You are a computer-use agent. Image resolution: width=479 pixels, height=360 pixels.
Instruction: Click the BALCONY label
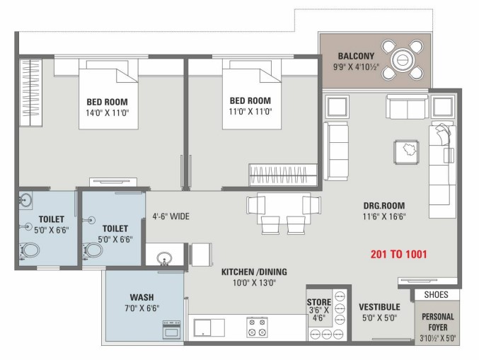click(356, 56)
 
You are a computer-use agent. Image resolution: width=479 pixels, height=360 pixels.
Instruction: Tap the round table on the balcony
click(403, 59)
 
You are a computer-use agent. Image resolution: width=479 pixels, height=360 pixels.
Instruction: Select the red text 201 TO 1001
click(398, 254)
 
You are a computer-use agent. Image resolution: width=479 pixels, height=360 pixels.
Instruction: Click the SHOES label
click(437, 295)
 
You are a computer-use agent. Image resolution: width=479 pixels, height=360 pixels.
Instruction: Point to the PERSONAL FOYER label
click(438, 322)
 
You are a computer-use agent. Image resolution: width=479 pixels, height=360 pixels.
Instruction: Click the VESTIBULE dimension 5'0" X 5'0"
click(379, 318)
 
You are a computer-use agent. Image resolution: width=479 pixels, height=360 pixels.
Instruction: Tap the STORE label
click(319, 302)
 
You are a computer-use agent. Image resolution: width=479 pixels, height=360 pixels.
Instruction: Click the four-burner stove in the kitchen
click(258, 327)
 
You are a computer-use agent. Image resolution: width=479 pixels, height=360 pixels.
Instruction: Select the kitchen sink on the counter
click(209, 327)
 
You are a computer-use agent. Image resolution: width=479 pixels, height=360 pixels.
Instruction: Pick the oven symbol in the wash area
click(171, 330)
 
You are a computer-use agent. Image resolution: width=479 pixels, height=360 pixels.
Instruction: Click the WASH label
click(142, 297)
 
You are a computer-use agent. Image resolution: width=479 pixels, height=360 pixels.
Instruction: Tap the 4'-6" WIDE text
click(171, 216)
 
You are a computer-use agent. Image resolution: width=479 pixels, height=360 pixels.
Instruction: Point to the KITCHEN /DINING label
click(254, 272)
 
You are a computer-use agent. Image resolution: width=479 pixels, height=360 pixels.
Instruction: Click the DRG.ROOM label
click(384, 206)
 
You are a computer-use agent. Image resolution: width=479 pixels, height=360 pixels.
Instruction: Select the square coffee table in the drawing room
click(407, 152)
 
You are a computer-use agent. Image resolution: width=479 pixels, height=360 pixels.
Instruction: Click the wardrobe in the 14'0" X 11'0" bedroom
click(30, 93)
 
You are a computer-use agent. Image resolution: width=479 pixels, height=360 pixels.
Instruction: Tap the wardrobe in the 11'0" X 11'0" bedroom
click(283, 175)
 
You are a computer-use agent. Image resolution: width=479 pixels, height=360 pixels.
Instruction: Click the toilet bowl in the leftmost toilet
click(30, 250)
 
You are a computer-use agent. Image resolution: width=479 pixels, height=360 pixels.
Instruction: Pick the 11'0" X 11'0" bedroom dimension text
click(250, 112)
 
